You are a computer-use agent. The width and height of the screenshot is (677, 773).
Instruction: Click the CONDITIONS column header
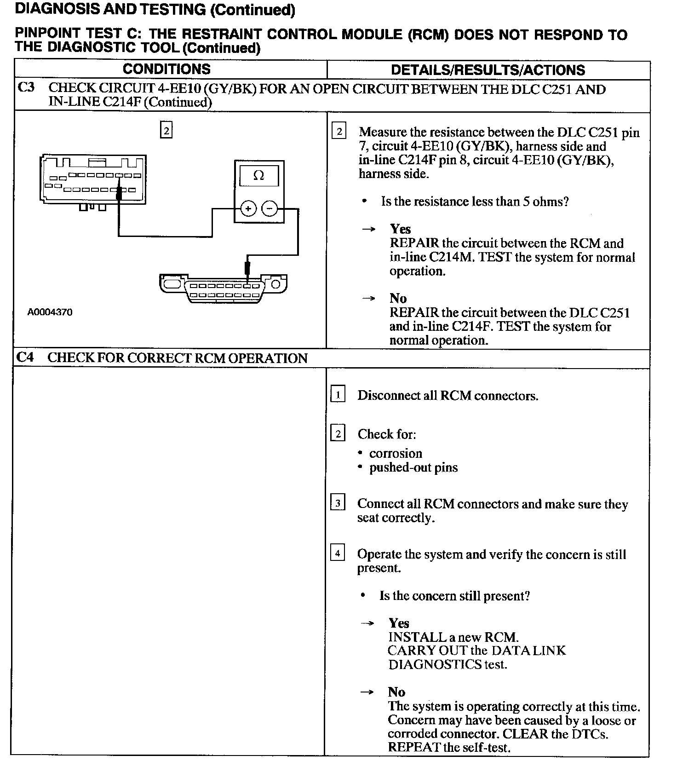coord(166,69)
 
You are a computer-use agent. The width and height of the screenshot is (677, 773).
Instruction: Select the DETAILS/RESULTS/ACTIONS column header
coord(488,70)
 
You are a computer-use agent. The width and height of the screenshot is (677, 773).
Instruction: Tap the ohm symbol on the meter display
coord(259,175)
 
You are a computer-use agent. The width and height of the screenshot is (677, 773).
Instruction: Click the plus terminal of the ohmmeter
coord(248,209)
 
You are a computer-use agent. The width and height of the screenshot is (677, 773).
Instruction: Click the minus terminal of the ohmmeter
coord(270,209)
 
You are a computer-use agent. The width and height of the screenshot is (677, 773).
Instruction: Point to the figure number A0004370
coord(50,312)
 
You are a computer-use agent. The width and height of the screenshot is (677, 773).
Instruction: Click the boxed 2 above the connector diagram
coord(166,131)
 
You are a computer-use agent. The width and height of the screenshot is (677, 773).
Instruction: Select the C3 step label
coord(26,87)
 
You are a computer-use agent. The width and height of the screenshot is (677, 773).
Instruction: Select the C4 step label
coord(25,358)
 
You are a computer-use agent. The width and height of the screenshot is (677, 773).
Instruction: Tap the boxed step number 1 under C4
coord(338,395)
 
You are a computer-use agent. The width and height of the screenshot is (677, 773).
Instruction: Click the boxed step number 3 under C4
coord(338,503)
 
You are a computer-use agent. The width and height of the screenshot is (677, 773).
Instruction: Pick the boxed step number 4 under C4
coord(338,553)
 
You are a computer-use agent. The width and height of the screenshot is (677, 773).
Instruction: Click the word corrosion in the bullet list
coord(396,453)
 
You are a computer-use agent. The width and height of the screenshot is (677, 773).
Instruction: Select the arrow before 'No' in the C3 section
coord(368,298)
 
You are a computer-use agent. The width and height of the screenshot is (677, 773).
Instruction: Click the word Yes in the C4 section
coord(399,623)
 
